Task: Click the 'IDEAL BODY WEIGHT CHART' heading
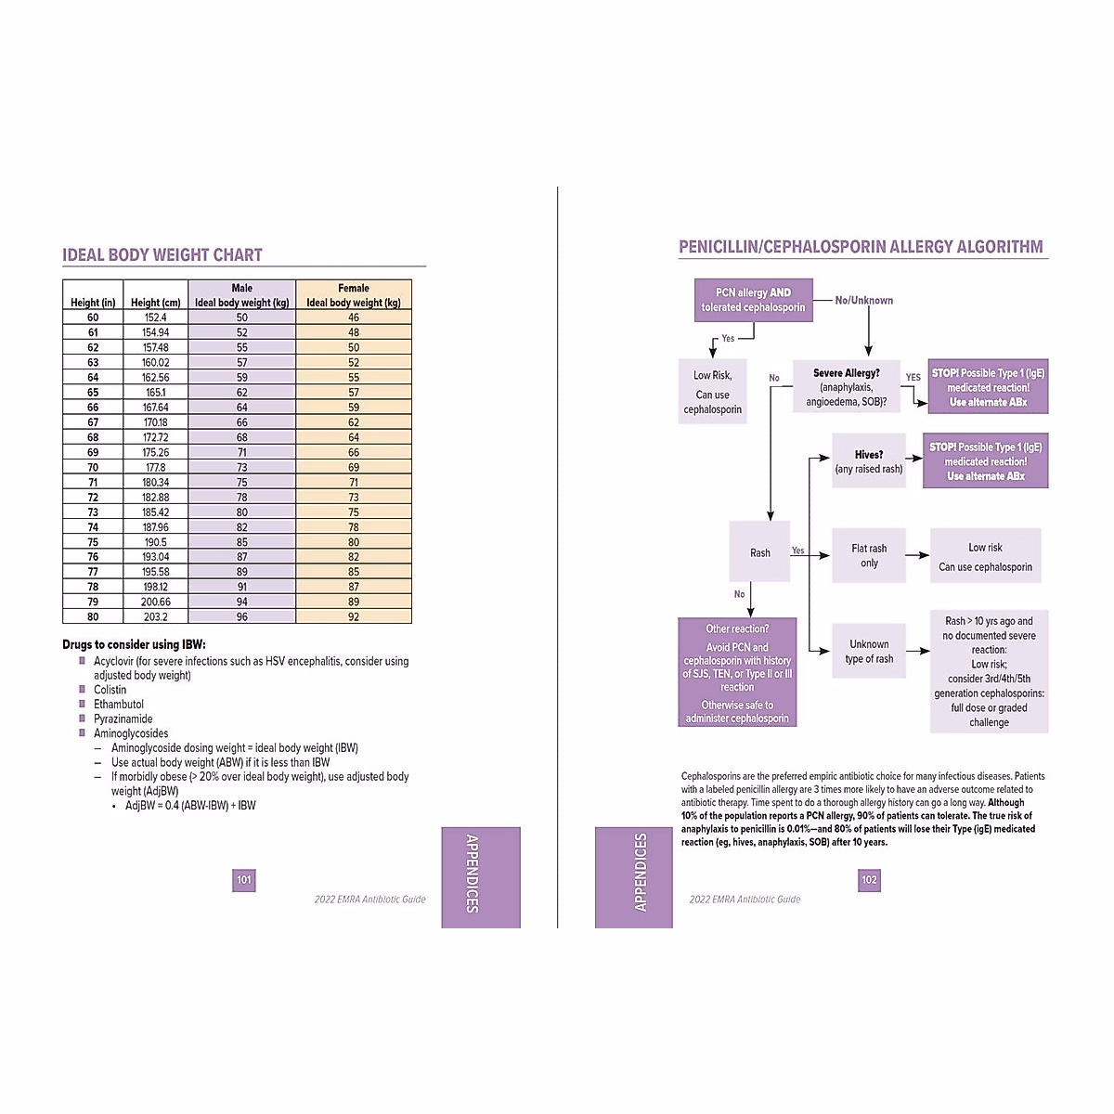[162, 255]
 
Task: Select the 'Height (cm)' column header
[155, 303]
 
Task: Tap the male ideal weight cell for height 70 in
[241, 467]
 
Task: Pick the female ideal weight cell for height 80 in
[354, 616]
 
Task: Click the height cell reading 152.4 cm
[155, 317]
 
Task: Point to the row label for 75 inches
[93, 542]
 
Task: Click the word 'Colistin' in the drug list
[110, 690]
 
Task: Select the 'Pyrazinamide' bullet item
[123, 719]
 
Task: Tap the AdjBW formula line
[190, 806]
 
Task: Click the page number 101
[243, 880]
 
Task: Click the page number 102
[869, 880]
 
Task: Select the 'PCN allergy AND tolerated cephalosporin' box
[753, 300]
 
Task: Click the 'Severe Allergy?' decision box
[846, 386]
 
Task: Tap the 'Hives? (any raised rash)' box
[869, 461]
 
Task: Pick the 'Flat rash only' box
[869, 555]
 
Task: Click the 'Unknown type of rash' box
[869, 651]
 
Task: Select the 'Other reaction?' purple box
[737, 672]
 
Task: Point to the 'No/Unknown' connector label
[863, 300]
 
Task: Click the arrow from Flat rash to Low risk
[917, 555]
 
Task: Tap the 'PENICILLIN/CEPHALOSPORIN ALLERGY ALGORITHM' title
[861, 247]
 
